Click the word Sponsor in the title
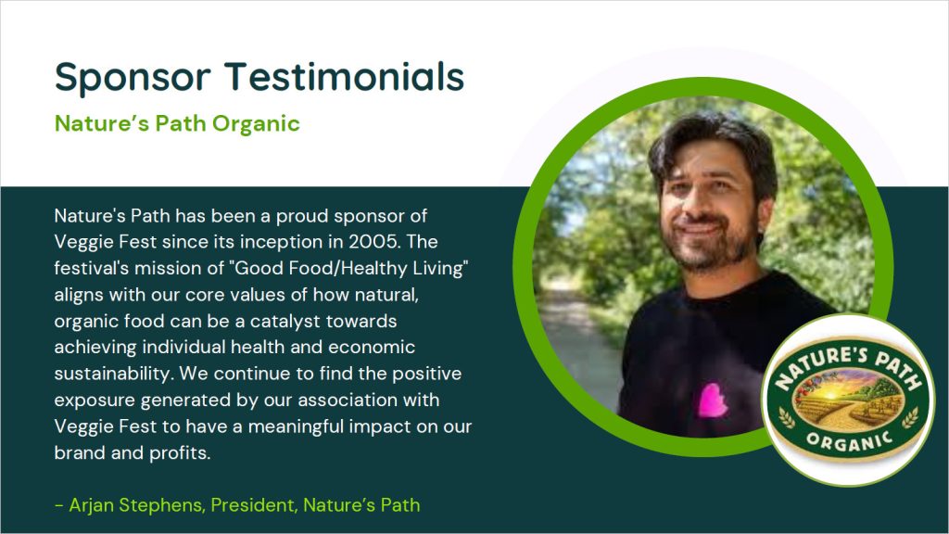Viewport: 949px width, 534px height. click(133, 78)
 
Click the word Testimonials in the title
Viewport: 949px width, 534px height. click(345, 76)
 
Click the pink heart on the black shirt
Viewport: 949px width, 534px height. click(713, 400)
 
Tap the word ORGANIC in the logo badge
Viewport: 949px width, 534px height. click(849, 442)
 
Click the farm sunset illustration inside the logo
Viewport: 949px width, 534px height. click(848, 396)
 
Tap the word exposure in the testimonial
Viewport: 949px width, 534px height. click(95, 400)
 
